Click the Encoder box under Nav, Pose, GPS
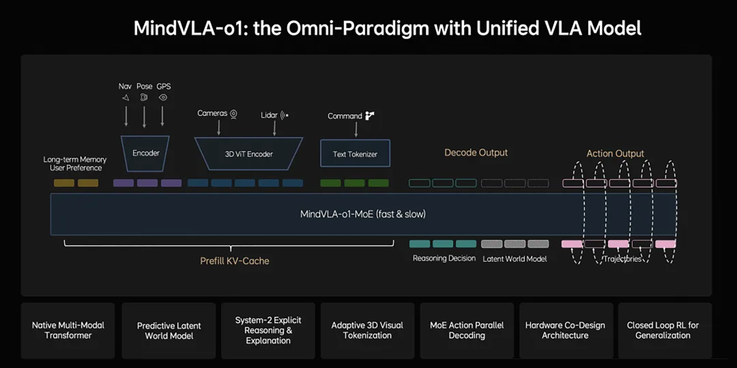pos(146,153)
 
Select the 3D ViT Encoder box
pos(248,153)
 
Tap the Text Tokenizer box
pos(355,153)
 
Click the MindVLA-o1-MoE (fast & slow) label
pos(363,215)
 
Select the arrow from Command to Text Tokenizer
pos(356,129)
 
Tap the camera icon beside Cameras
pos(233,114)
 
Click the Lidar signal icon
pos(285,115)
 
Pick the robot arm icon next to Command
pos(370,116)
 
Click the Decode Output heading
pos(476,153)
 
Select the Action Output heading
pos(616,153)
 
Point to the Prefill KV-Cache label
pos(235,261)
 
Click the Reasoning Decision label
pos(444,258)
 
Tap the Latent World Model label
pos(515,259)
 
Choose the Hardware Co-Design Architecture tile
pos(565,331)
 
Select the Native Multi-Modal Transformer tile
pos(68,331)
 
